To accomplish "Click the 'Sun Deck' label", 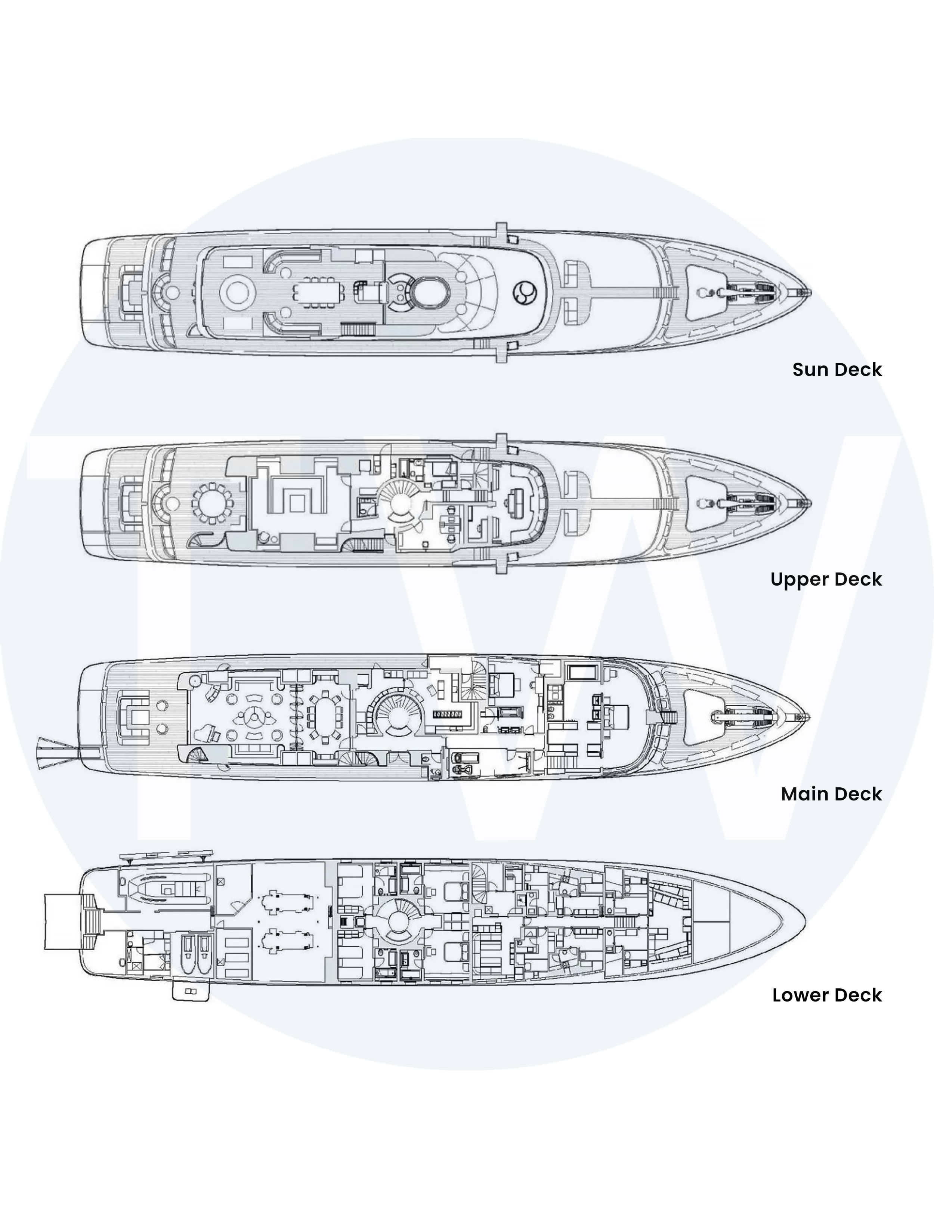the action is click(837, 370).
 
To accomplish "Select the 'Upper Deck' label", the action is click(826, 580).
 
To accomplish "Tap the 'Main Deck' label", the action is click(832, 794).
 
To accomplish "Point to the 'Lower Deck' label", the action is click(827, 995).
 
